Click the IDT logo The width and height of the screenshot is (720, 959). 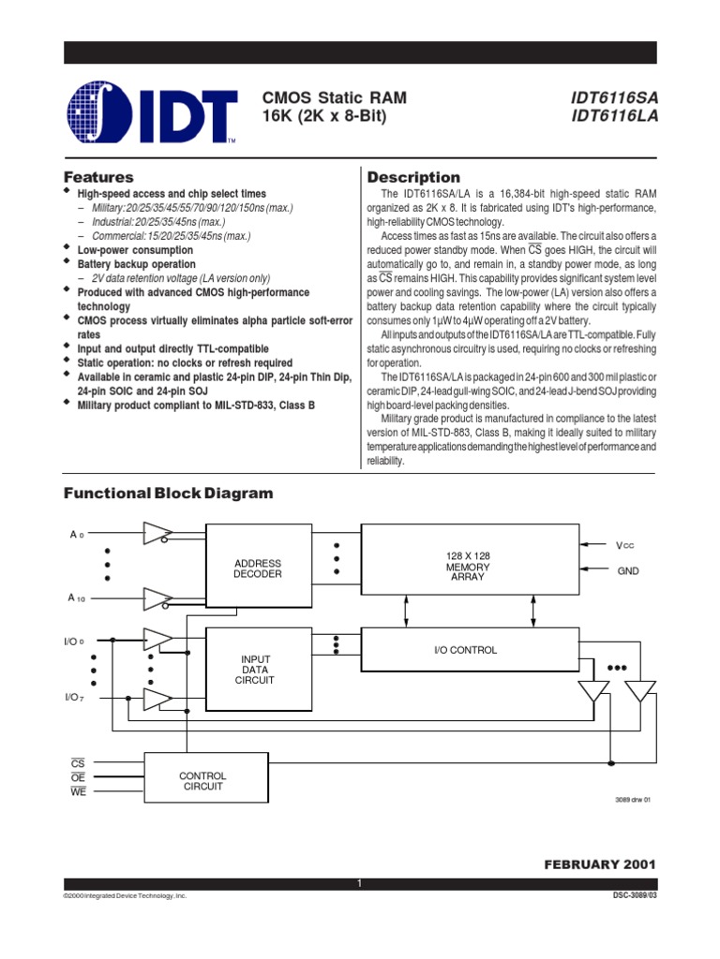pyautogui.click(x=150, y=111)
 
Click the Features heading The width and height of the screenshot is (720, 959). pyautogui.click(x=97, y=177)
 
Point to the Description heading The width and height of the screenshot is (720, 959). pyautogui.click(x=413, y=177)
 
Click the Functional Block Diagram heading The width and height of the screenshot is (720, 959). pyautogui.click(x=168, y=494)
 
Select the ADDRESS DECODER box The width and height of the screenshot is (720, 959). pyautogui.click(x=258, y=568)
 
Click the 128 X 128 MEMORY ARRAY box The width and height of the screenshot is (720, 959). pyautogui.click(x=469, y=567)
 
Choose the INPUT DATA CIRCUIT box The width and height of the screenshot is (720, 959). pyautogui.click(x=258, y=670)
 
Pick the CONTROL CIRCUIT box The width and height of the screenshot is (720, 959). pyautogui.click(x=202, y=781)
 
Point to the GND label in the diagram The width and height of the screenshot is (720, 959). pyautogui.click(x=628, y=569)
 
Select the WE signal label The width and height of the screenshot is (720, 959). pyautogui.click(x=78, y=791)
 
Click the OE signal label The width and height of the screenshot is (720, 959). pyautogui.click(x=78, y=777)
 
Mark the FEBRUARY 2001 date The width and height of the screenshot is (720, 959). pyautogui.click(x=600, y=863)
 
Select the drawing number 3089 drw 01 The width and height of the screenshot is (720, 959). pyautogui.click(x=632, y=799)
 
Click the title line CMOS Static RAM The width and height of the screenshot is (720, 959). pyautogui.click(x=335, y=97)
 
